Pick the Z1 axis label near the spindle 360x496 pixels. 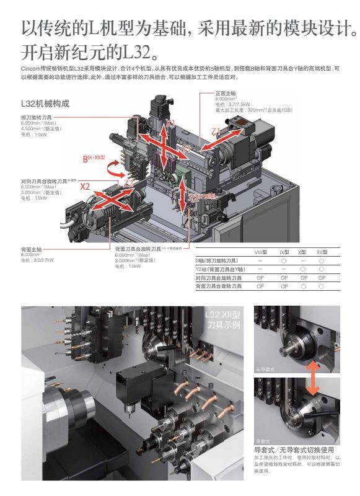click(216, 132)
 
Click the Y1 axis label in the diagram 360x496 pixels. click(187, 149)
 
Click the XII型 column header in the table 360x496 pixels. click(322, 252)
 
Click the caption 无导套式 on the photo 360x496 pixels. click(267, 370)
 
